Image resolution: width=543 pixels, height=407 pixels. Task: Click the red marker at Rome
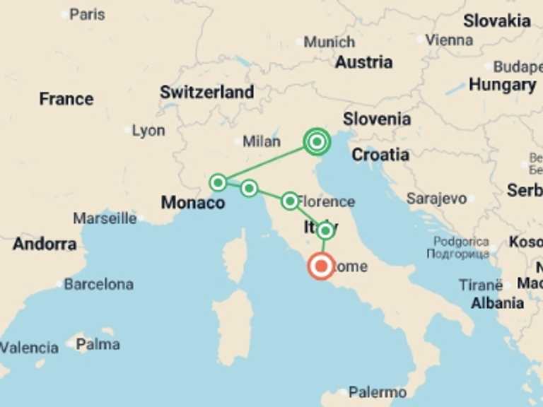click(x=321, y=266)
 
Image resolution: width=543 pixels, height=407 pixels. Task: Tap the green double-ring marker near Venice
click(x=317, y=142)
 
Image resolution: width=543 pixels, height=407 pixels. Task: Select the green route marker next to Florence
click(x=290, y=201)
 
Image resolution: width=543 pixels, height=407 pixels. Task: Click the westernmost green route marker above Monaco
click(x=218, y=182)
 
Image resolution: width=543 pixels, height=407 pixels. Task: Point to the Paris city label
click(x=87, y=14)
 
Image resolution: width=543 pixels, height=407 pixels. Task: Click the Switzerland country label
click(x=206, y=92)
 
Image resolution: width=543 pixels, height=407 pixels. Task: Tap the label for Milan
click(x=262, y=141)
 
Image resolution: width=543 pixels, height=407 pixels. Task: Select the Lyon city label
click(x=148, y=131)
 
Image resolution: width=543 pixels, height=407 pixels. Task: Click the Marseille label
click(x=105, y=218)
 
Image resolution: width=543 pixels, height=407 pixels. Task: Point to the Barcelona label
click(x=98, y=285)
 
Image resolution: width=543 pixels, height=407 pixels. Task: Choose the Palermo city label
click(x=378, y=392)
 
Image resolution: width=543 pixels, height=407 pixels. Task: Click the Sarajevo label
click(x=436, y=199)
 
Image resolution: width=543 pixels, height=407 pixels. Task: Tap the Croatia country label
click(x=380, y=155)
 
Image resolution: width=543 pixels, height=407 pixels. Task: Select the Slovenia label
click(x=377, y=119)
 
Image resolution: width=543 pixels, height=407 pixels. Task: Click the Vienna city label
click(x=449, y=40)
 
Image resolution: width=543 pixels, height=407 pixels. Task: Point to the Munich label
click(x=329, y=42)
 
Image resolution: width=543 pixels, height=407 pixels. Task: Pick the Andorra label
click(x=45, y=244)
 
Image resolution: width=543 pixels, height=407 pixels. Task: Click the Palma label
click(x=98, y=345)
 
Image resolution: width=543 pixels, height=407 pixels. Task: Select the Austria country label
click(x=363, y=62)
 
